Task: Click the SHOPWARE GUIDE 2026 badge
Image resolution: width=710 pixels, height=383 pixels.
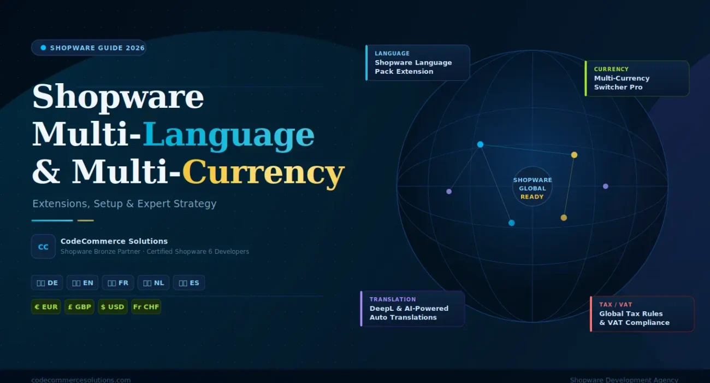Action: pos(88,48)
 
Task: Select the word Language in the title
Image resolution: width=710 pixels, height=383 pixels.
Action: pos(228,135)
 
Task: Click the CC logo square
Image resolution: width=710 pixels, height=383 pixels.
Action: pos(43,247)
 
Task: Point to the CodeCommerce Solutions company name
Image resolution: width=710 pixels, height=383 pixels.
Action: pos(114,241)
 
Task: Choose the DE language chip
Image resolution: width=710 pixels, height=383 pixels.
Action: pos(47,283)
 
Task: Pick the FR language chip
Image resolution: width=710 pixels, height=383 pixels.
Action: pos(118,283)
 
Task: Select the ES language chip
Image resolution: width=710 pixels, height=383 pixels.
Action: pos(189,283)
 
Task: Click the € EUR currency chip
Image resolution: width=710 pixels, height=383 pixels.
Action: pos(46,307)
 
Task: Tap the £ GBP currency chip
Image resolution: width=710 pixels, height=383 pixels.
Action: pos(79,307)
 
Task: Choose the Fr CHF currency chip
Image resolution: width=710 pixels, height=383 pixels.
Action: pos(146,307)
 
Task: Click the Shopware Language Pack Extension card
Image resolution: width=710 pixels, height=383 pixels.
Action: pos(418,62)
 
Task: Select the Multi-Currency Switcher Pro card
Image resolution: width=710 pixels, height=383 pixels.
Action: pos(637,78)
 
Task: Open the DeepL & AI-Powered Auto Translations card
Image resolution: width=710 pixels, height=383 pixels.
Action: pos(413,309)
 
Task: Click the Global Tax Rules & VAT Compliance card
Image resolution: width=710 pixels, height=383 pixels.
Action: pos(642,314)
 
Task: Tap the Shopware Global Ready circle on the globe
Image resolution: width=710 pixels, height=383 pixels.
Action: pos(532,188)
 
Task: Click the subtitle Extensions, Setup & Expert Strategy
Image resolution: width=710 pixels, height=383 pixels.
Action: pos(125,204)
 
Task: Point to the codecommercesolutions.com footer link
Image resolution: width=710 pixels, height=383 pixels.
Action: pos(81,380)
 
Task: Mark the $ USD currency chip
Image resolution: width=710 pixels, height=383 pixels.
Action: pos(113,307)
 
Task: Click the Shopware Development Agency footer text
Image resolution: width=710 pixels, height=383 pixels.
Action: pos(624,380)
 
